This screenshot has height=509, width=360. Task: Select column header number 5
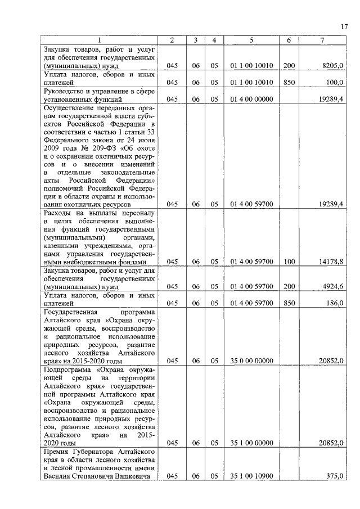(251, 40)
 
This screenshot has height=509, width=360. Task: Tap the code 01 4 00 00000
(251, 99)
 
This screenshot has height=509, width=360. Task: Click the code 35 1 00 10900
(251, 476)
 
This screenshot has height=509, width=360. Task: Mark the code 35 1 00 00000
(251, 443)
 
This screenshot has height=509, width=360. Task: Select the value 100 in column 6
(289, 262)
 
